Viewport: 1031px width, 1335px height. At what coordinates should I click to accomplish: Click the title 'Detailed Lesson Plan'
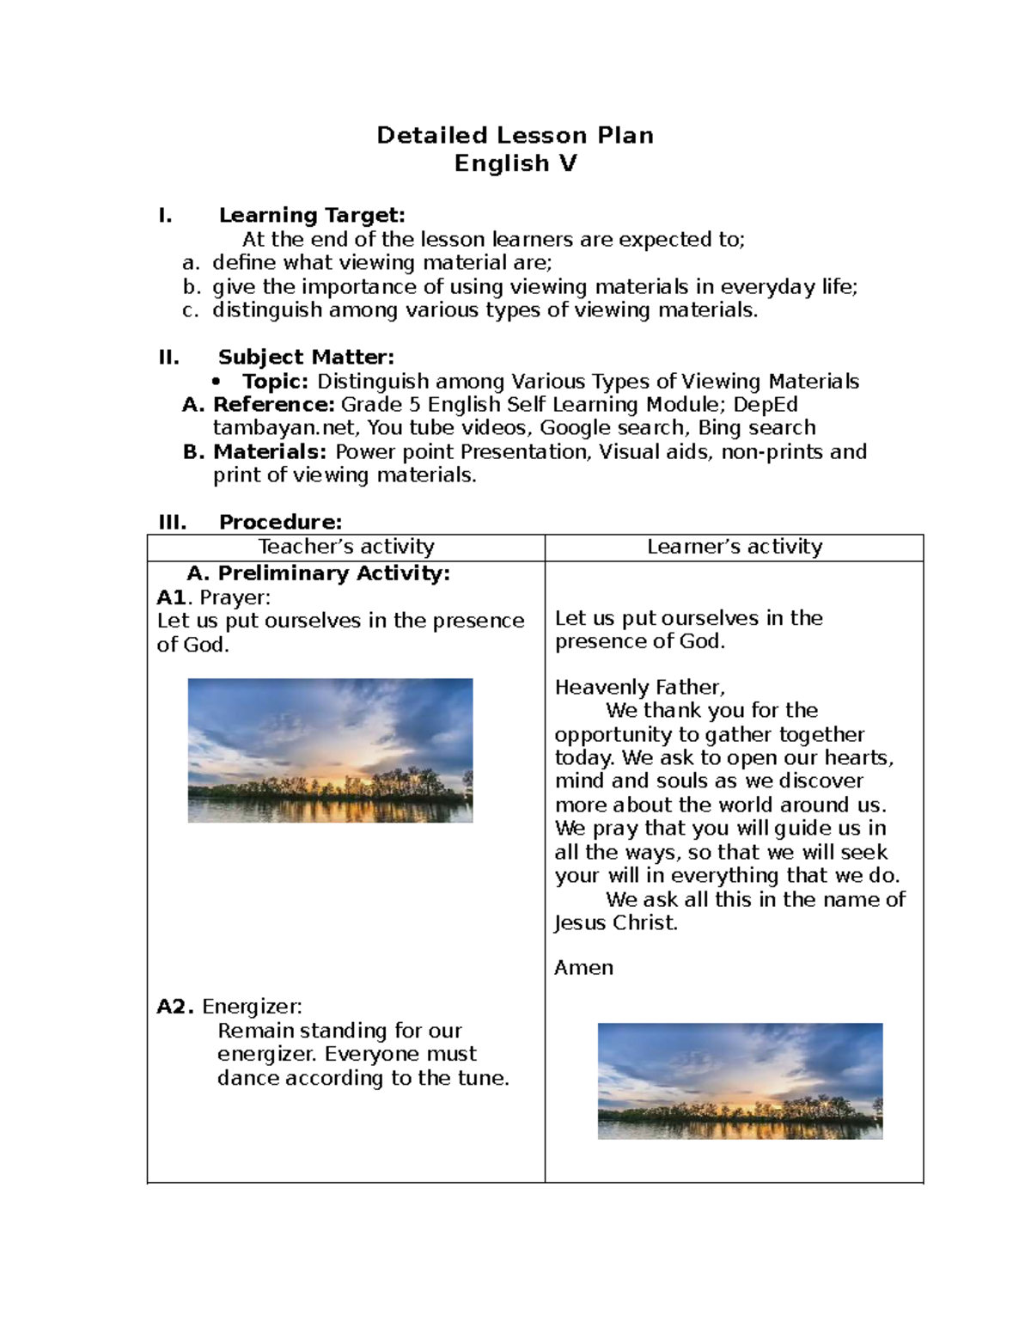(515, 135)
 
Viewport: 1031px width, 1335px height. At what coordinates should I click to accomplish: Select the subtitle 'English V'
(515, 163)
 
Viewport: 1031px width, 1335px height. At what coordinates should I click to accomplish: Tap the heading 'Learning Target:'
(311, 215)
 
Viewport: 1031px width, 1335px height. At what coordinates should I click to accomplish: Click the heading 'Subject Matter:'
(306, 357)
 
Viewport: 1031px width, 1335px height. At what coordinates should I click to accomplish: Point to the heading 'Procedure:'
(280, 522)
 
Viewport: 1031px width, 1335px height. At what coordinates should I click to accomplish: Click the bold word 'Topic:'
(275, 381)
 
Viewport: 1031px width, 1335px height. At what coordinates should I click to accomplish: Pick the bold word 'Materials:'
(270, 451)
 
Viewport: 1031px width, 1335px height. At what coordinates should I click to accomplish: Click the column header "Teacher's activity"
(346, 547)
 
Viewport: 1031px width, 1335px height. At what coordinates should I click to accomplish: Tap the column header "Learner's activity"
(735, 547)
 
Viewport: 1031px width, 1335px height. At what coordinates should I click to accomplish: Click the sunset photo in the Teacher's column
(330, 750)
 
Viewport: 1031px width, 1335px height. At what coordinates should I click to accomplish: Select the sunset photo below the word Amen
(740, 1081)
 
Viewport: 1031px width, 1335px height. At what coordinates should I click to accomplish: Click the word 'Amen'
(583, 968)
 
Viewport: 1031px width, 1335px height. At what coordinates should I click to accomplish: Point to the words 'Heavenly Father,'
(639, 687)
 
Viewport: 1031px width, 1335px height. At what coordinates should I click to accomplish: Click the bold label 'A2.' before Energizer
(175, 1007)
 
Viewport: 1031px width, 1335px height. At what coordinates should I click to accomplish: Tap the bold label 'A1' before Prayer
(171, 597)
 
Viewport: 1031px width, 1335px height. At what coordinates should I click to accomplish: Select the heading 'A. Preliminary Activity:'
(318, 573)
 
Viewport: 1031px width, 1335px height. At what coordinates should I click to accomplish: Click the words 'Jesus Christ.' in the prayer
(616, 923)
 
